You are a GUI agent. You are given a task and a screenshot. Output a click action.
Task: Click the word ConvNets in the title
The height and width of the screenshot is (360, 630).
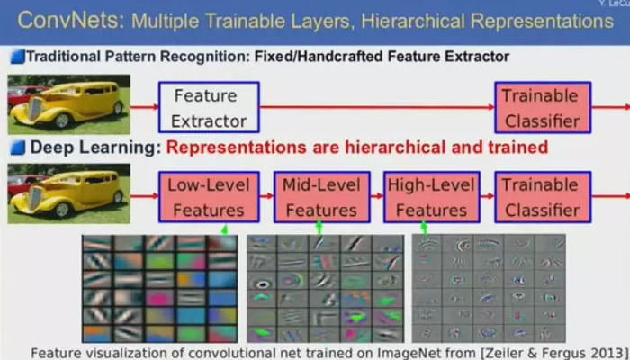(x=71, y=20)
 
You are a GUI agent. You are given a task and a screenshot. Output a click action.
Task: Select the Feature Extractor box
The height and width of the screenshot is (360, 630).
(x=209, y=107)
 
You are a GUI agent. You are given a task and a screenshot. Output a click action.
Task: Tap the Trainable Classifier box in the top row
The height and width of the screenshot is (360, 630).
(x=543, y=107)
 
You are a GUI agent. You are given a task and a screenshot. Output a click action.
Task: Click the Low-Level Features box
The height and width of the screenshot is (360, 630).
(x=209, y=197)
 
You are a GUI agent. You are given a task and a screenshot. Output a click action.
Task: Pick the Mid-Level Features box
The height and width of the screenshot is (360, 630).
(x=322, y=197)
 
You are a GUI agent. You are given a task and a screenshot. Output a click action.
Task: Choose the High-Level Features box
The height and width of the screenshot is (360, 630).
(x=431, y=197)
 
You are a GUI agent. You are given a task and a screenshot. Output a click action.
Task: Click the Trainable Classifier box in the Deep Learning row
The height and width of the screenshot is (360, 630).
(x=543, y=197)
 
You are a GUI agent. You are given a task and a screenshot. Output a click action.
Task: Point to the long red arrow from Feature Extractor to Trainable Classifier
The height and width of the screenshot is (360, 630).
(x=377, y=107)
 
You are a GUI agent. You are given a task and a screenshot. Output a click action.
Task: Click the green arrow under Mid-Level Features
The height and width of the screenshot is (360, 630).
(x=319, y=228)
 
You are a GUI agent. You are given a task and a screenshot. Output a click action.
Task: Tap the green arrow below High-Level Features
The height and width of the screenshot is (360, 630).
(x=424, y=229)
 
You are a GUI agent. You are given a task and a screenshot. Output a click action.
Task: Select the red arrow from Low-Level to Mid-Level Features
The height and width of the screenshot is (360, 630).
(x=266, y=196)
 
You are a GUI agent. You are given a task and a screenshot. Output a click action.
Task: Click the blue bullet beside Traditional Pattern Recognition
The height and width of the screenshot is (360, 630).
(x=18, y=57)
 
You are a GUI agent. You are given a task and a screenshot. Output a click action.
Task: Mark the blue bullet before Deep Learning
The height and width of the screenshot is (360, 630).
(x=18, y=148)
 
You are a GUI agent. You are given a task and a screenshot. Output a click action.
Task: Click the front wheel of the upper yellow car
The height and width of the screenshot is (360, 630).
(x=62, y=120)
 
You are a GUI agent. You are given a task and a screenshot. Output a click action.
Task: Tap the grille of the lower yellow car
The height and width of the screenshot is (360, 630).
(x=35, y=199)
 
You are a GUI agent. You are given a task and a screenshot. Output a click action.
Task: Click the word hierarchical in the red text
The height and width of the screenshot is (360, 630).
(x=395, y=148)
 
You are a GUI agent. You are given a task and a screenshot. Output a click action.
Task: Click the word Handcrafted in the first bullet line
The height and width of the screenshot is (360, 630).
(x=346, y=57)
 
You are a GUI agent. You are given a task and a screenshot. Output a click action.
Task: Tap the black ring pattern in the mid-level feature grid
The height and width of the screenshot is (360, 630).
(x=264, y=284)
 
